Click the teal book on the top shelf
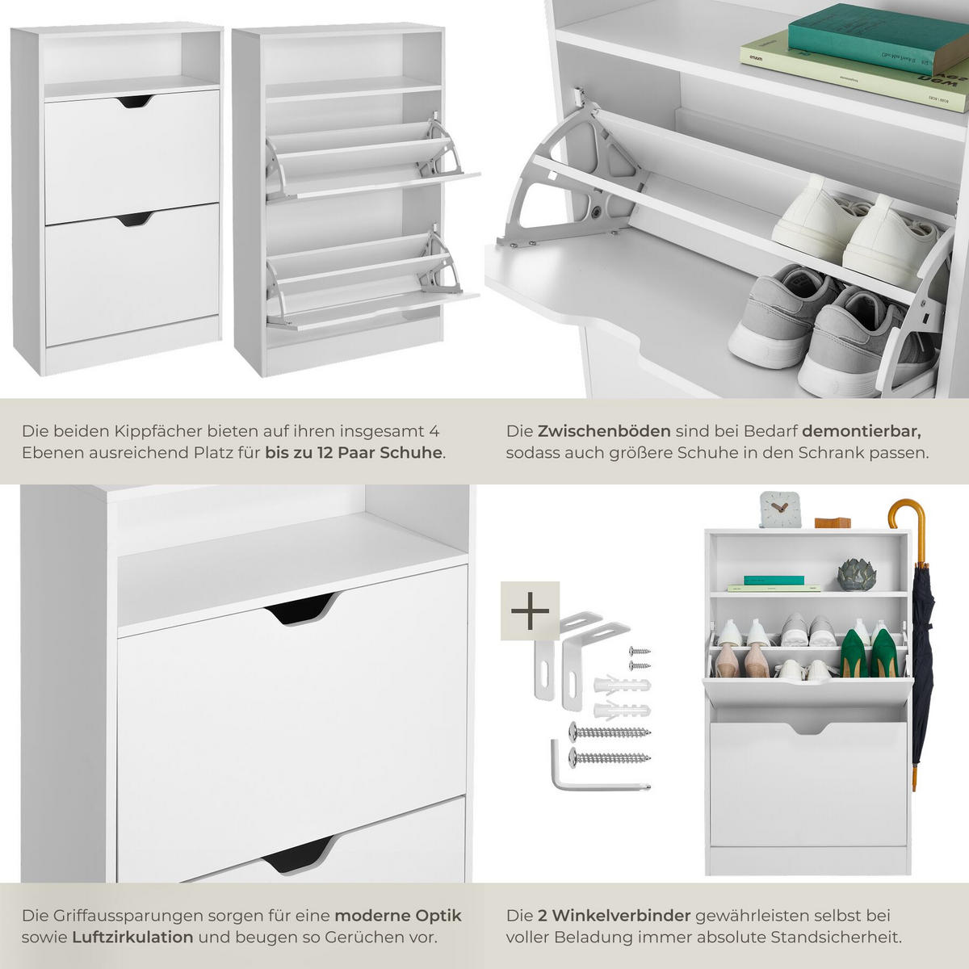pos(878,38)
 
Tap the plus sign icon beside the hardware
pos(530,611)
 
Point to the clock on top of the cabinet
pos(779,510)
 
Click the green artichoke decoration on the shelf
pos(857,574)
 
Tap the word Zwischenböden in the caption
pos(604,431)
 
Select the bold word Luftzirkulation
pos(132,938)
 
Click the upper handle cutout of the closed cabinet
pos(136,101)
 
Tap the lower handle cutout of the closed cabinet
pos(135,220)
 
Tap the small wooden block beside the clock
pos(833,522)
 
